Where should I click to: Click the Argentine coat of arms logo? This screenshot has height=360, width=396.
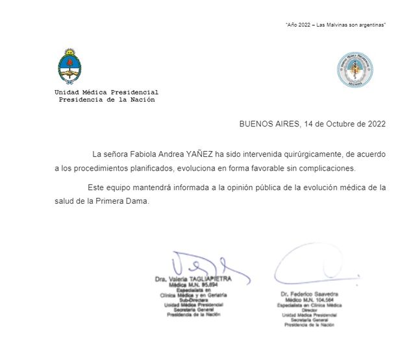[69, 66]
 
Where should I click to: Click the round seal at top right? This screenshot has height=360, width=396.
[354, 70]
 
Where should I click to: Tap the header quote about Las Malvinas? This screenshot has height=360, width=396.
[336, 25]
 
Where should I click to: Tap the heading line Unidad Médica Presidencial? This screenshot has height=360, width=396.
[106, 92]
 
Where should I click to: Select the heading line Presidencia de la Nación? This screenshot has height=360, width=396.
[106, 100]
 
